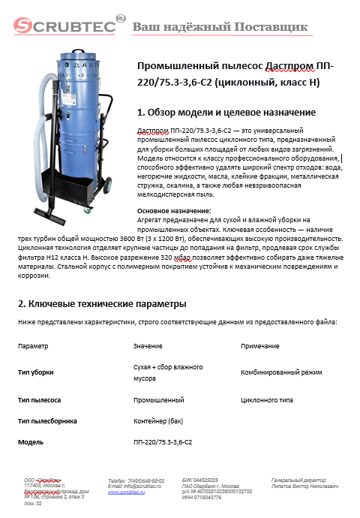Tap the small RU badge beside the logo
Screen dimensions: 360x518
[121, 17]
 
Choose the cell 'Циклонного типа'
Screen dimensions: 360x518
[266, 401]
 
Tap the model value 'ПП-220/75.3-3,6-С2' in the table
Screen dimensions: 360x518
[163, 442]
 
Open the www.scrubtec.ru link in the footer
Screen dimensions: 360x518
[127, 492]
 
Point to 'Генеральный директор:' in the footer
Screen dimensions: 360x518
[299, 479]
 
